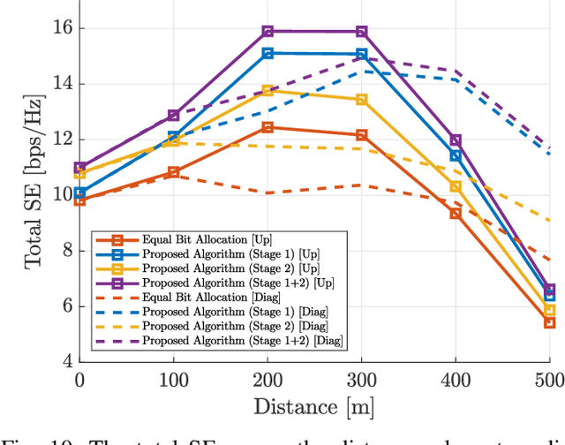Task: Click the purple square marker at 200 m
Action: coord(267,32)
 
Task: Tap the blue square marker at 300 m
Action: coord(361,54)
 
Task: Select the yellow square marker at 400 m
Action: coord(456,186)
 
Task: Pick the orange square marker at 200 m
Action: coord(267,127)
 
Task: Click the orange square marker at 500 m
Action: coord(549,322)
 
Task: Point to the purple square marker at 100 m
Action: coord(174,116)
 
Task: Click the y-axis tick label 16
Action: coord(62,28)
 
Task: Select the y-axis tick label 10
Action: coord(62,195)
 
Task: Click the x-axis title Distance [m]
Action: coord(314,407)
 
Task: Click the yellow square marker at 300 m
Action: coord(361,100)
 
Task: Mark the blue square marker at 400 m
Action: coord(456,155)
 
